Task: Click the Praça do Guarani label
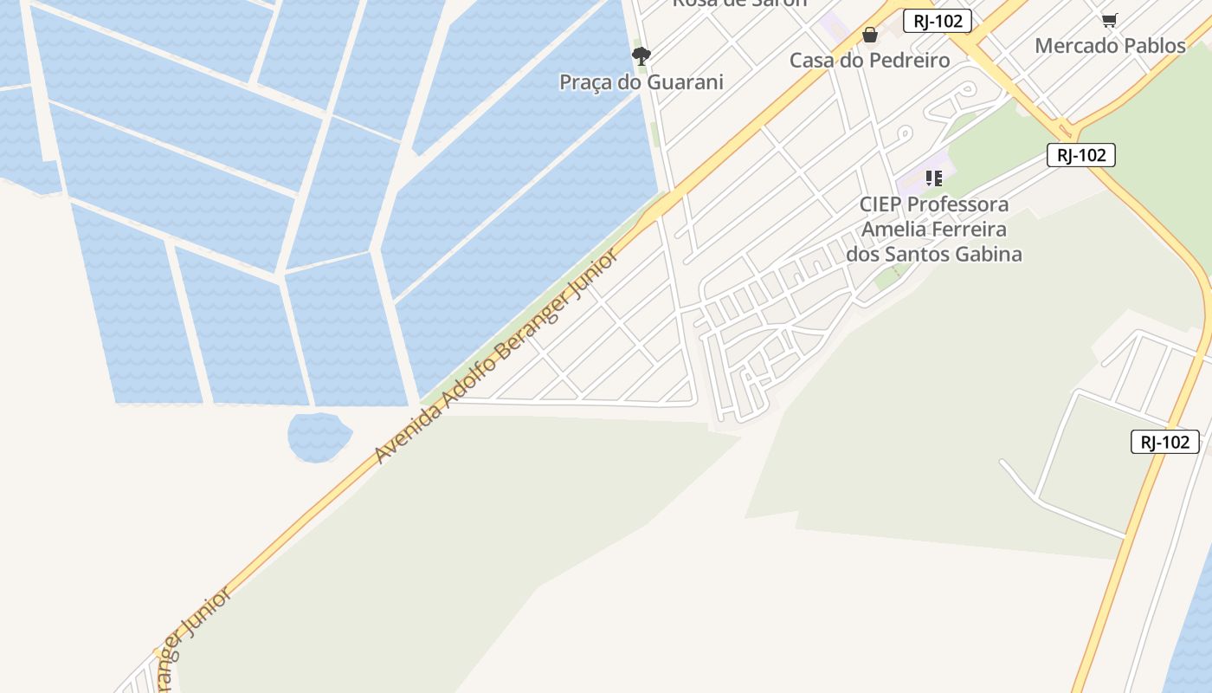(641, 82)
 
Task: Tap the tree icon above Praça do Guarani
(641, 57)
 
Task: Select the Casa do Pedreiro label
(869, 60)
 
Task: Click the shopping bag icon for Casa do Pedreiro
(870, 35)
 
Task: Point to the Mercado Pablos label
(1110, 45)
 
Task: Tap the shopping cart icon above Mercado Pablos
(1109, 20)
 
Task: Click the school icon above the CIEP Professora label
(933, 178)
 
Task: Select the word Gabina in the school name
(983, 254)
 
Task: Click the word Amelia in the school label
(891, 230)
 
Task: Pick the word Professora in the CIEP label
(958, 204)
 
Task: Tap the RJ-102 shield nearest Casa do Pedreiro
(937, 21)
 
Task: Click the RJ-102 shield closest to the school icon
(1080, 155)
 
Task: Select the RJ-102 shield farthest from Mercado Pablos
(1164, 442)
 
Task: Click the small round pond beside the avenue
(319, 436)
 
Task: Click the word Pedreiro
(909, 60)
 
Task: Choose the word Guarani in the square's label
(684, 82)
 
